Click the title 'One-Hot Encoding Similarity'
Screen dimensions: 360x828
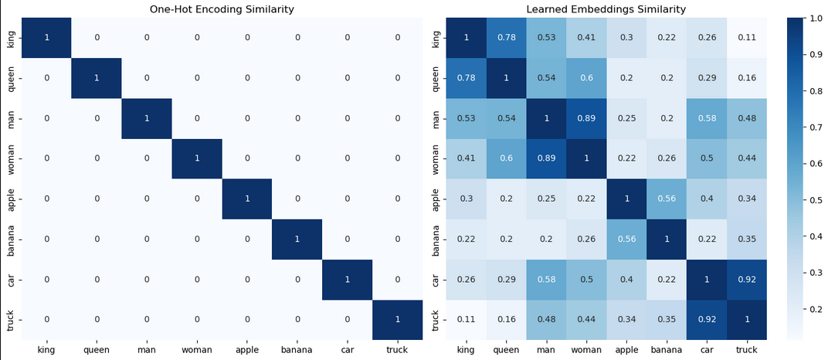[x=222, y=9]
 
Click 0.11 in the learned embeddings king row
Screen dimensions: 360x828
[x=746, y=37]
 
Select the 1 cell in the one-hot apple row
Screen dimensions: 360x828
[x=248, y=199]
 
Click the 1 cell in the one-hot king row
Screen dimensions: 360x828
[x=46, y=37]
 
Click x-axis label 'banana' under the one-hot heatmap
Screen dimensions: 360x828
[x=298, y=350]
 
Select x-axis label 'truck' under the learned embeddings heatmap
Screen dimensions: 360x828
[x=746, y=350]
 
